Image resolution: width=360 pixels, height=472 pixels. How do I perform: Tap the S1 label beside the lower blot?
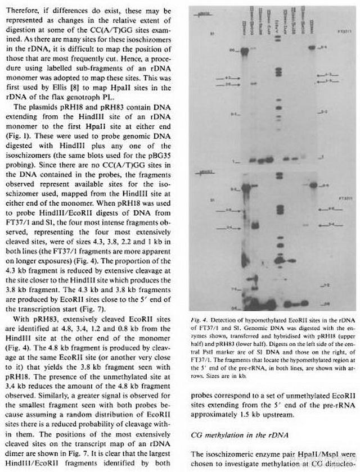coord(197,199)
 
